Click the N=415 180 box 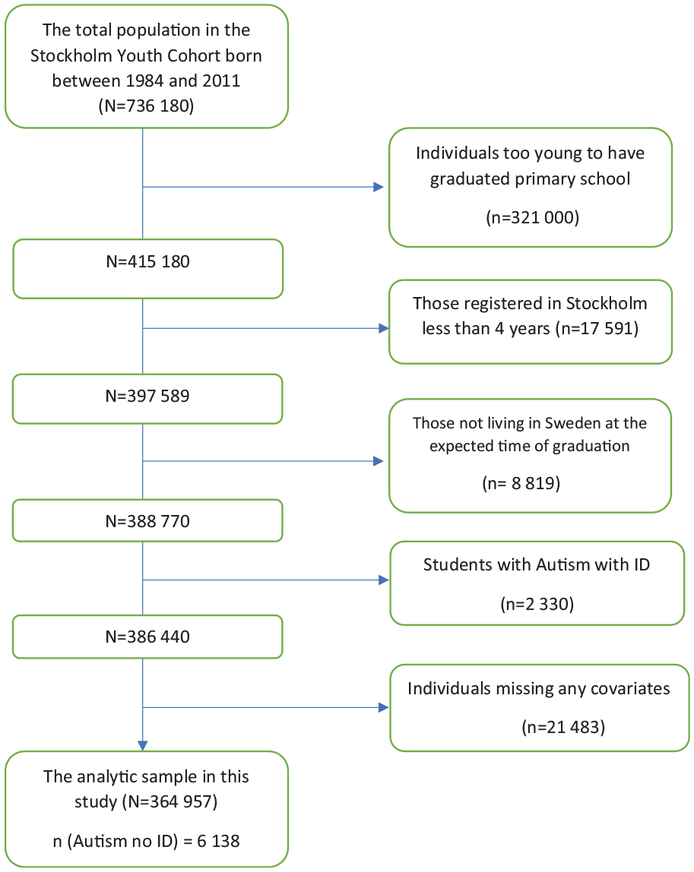tap(147, 269)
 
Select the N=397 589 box tap(147, 399)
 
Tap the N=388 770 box tap(147, 520)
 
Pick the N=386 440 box tap(147, 637)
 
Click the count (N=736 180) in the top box tap(147, 106)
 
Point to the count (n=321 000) tap(533, 217)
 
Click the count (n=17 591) tap(597, 329)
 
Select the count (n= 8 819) tap(521, 483)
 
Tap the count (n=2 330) tap(537, 604)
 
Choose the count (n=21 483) tap(563, 728)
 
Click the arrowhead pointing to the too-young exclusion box tap(379, 187)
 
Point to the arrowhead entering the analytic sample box tap(142, 746)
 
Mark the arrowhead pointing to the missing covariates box tap(383, 707)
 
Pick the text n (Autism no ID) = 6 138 tap(147, 842)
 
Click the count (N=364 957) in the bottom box tap(173, 802)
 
